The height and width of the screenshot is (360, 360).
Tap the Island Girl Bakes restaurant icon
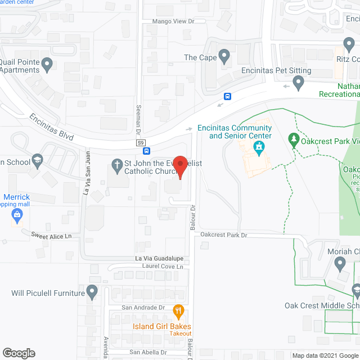178,310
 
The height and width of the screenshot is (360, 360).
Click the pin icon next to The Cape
224,57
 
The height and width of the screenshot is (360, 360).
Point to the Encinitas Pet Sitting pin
299,84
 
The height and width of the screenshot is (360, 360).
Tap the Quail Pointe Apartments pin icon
47,65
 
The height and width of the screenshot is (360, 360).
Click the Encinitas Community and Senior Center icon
259,150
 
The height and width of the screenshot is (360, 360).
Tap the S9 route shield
141,143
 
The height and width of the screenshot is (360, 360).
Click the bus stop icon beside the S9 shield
146,151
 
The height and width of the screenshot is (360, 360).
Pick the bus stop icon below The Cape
227,96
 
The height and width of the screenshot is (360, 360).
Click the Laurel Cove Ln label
164,267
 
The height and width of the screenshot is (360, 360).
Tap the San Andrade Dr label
143,308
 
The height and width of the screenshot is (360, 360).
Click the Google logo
18,353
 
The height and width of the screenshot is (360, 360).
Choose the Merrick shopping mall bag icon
17,214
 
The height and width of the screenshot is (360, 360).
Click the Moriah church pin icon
340,263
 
